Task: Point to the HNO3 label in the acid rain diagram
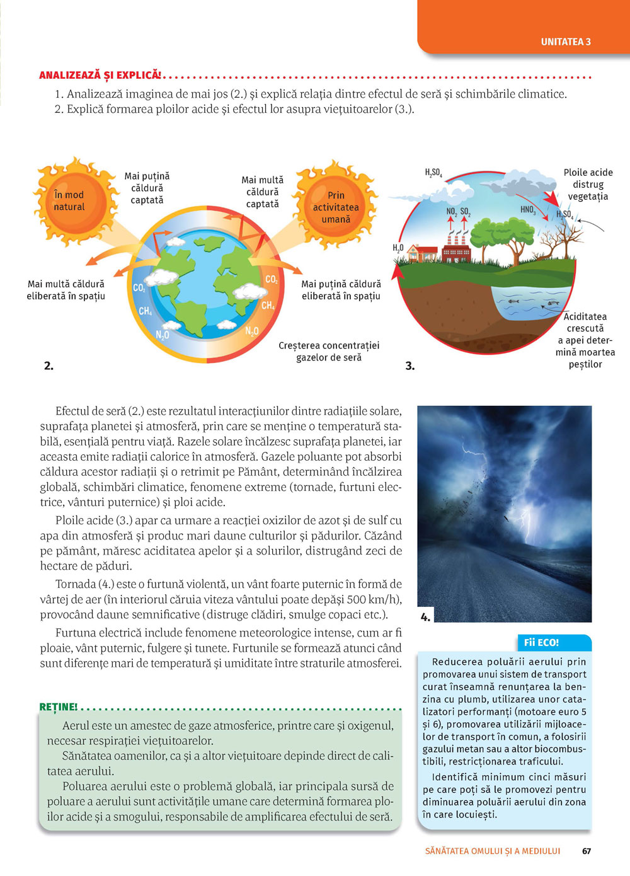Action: tap(528, 210)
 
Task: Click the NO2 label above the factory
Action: tap(451, 212)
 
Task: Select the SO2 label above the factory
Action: tap(466, 212)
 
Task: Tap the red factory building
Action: tap(457, 250)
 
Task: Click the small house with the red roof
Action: tap(423, 253)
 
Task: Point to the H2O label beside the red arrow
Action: tap(398, 248)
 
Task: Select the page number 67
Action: tap(587, 851)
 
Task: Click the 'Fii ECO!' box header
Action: tap(542, 643)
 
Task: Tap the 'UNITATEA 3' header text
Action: tap(566, 42)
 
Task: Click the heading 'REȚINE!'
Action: tap(59, 707)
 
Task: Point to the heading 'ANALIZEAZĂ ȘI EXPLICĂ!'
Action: tap(100, 76)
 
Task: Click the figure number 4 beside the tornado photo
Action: tap(425, 617)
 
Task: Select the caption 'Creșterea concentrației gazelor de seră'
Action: tap(329, 352)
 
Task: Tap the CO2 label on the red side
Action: tap(272, 280)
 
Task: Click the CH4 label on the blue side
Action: tap(146, 311)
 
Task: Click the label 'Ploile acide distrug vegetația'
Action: tap(588, 184)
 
